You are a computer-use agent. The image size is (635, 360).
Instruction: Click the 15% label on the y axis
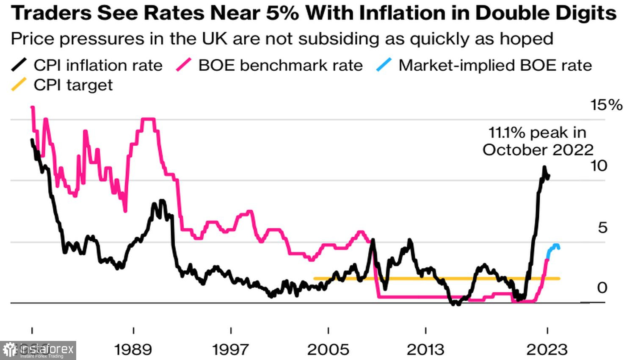606,105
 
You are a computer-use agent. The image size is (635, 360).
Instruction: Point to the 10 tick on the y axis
599,166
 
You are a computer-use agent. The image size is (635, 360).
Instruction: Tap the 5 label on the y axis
602,227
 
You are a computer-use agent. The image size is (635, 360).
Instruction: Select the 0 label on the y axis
602,288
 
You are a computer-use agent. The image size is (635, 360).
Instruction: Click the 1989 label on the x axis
133,350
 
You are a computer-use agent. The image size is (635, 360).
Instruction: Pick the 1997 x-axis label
231,350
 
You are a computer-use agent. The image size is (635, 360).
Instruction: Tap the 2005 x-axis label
328,350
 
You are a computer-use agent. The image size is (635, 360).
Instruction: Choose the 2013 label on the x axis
425,350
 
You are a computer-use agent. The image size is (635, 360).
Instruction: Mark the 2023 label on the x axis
547,350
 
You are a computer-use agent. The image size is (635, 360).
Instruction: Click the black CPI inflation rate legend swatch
19,65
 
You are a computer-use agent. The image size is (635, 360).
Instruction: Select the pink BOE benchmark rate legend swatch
184,65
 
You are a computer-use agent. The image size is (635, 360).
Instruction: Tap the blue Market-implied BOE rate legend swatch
384,65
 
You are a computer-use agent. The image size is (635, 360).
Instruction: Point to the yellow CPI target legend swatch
19,85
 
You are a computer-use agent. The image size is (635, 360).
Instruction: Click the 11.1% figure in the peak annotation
507,133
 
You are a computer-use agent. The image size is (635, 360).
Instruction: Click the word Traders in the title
51,14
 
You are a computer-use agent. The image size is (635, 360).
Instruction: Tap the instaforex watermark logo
38,350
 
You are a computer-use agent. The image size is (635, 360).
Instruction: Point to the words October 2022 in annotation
538,150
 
